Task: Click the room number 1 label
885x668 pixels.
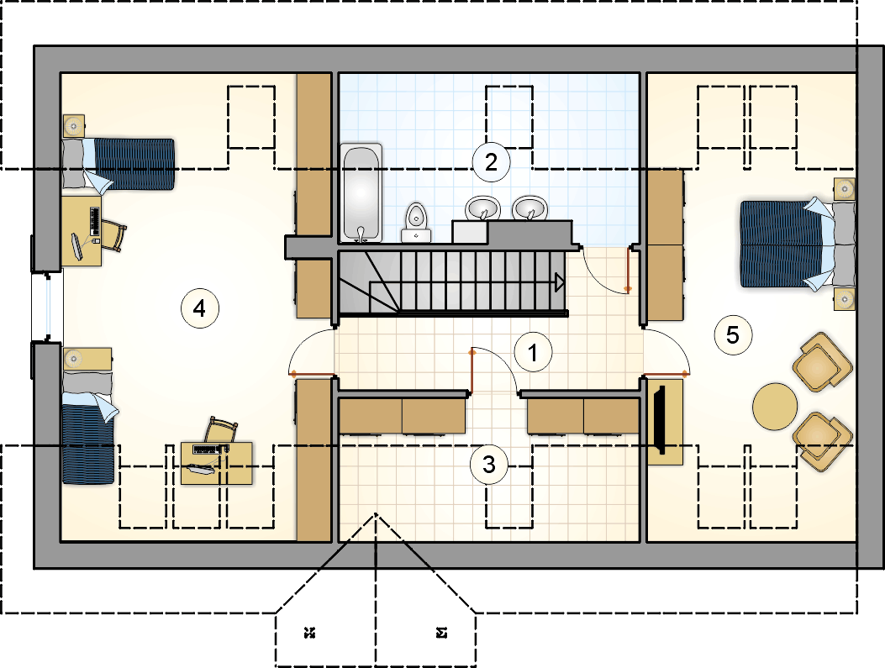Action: (x=533, y=353)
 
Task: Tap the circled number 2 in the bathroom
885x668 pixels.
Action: (x=491, y=162)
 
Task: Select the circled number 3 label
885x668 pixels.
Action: (x=489, y=465)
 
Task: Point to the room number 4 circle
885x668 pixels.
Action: (x=200, y=308)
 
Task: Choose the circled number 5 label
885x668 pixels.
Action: (x=733, y=335)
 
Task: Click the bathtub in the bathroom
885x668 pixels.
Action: (x=361, y=193)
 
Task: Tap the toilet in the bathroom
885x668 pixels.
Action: (x=417, y=223)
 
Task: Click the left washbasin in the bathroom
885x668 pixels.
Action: (x=482, y=208)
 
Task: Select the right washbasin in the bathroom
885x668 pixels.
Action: (x=529, y=208)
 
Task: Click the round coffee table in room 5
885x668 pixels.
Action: (x=775, y=406)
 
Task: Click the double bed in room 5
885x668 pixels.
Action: (x=797, y=245)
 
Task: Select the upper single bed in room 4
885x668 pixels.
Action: (x=118, y=164)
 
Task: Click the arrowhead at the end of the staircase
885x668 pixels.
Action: (x=560, y=282)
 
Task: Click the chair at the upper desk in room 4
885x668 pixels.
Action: (x=115, y=237)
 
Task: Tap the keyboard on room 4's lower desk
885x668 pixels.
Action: (x=207, y=450)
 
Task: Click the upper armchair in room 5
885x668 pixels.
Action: (x=822, y=361)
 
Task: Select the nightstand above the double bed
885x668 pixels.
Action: (x=845, y=189)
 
